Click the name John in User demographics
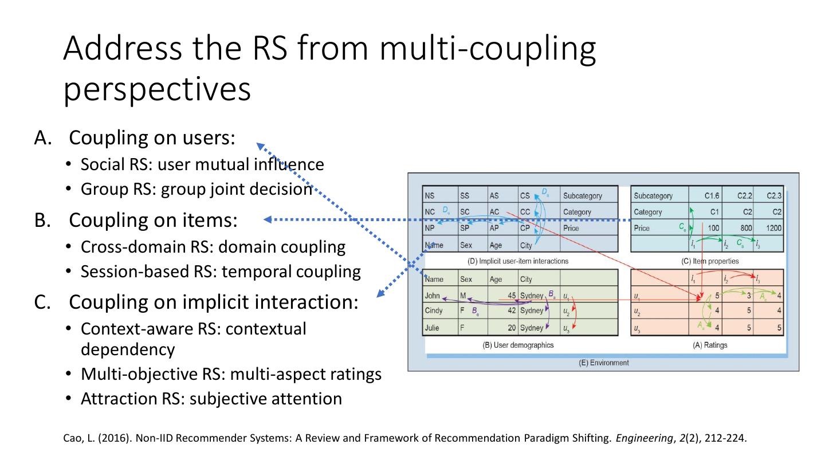coord(433,296)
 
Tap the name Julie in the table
coord(433,328)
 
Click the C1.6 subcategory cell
coord(712,196)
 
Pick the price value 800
coord(745,228)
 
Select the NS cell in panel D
coord(430,196)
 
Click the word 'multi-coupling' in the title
coord(486,50)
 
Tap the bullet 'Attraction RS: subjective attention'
coord(211,398)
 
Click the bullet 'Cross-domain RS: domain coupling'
coord(213,247)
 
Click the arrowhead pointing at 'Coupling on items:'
coord(268,219)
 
